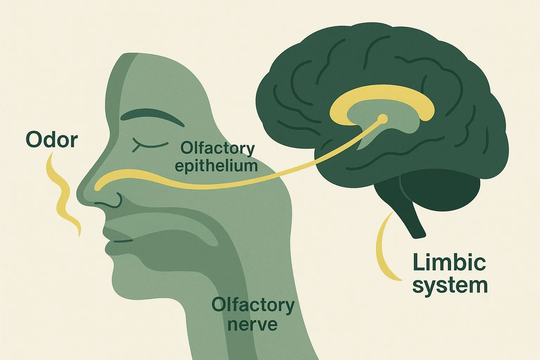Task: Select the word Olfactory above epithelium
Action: coord(217,149)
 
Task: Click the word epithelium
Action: coord(216,166)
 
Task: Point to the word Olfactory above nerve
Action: coord(253,305)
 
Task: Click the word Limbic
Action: coord(449,263)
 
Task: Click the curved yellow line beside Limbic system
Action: coord(384,246)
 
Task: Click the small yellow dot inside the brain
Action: coord(383,119)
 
